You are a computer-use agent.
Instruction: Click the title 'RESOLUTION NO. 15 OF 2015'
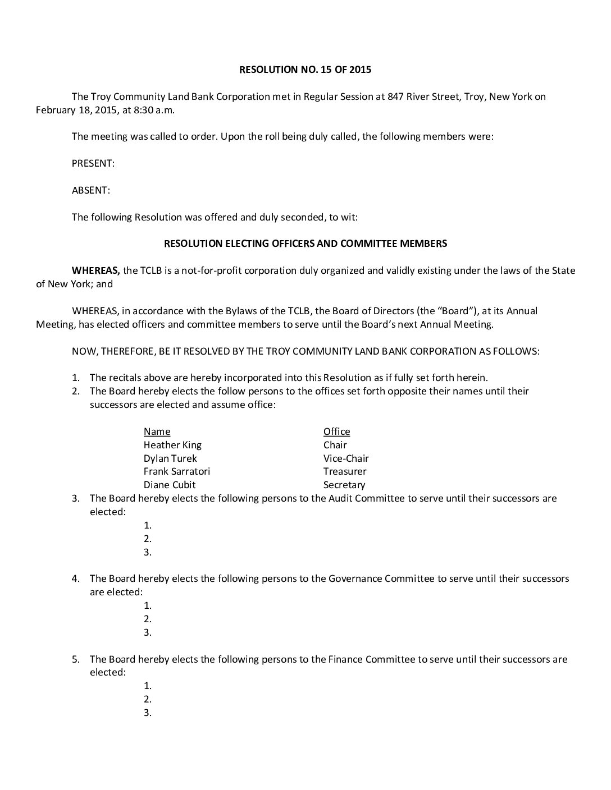[x=305, y=70]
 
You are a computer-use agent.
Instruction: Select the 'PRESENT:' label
[x=93, y=163]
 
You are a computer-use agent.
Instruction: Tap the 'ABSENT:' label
[x=91, y=190]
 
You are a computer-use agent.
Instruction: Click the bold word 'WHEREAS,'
[x=96, y=270]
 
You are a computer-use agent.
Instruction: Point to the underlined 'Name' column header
[x=157, y=431]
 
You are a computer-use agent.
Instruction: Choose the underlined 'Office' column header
[x=336, y=431]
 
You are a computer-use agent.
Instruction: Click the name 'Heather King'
[x=172, y=445]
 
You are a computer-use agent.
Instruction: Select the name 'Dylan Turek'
[x=170, y=458]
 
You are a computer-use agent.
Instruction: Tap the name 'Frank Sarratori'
[x=177, y=471]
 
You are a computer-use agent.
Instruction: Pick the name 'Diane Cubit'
[x=170, y=485]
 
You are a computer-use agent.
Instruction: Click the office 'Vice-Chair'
[x=346, y=458]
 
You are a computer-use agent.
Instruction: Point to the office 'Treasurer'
[x=345, y=471]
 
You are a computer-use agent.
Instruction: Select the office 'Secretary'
[x=344, y=485]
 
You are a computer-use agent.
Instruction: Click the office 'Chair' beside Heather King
[x=335, y=445]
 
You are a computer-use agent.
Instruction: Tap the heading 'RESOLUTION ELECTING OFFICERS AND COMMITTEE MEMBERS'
[x=305, y=244]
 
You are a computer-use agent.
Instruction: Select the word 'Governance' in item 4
[x=354, y=578]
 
